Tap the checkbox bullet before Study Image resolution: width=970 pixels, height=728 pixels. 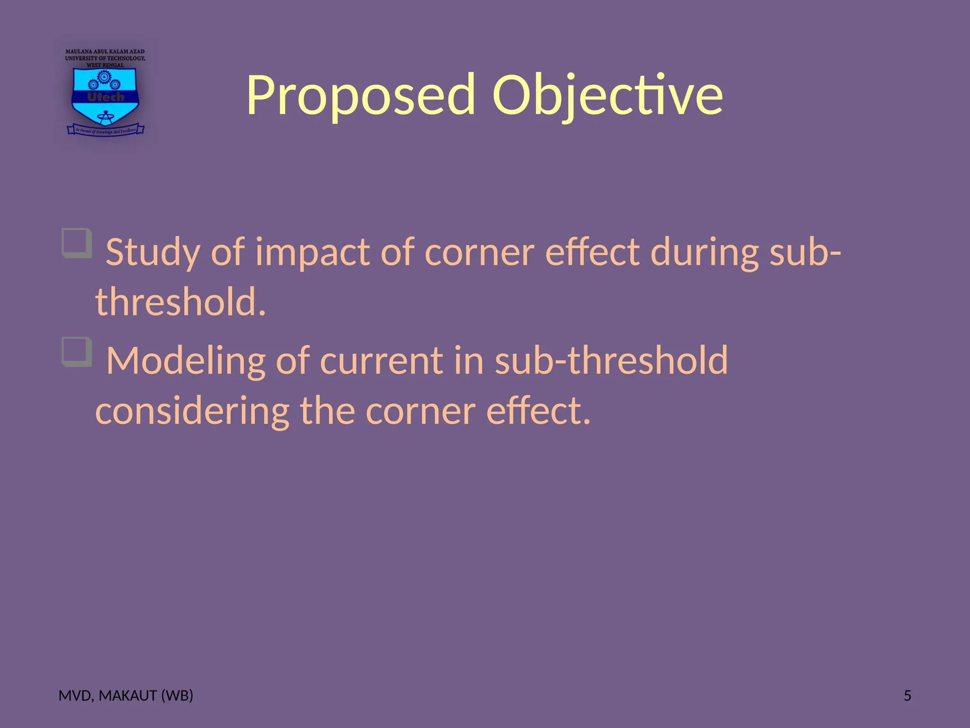tap(77, 243)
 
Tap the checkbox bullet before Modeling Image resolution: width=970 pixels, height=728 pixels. tap(77, 352)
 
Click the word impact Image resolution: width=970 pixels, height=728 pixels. tap(313, 253)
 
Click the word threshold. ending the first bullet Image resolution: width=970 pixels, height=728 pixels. tap(180, 302)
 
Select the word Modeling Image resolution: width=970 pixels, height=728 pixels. tap(185, 361)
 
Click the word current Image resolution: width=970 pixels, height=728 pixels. tap(382, 361)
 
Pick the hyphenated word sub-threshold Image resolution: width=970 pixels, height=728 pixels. tap(611, 361)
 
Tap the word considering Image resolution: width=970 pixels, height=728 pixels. tap(192, 411)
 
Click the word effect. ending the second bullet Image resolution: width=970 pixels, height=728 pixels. tap(539, 411)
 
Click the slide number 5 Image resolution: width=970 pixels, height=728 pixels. tap(907, 696)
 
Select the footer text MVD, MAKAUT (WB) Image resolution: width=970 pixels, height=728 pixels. tap(126, 696)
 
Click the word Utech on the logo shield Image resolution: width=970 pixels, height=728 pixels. tap(105, 97)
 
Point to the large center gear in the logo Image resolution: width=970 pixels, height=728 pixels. tap(104, 76)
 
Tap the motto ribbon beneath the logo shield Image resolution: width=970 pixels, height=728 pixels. tap(105, 130)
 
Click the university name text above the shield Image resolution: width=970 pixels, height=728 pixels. tap(105, 58)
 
